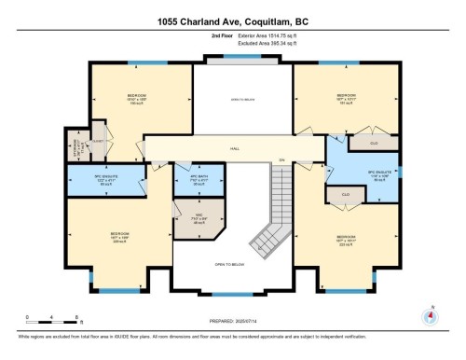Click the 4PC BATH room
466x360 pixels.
tap(198, 180)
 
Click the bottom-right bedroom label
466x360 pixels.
tap(346, 239)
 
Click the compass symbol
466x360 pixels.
tap(430, 314)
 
